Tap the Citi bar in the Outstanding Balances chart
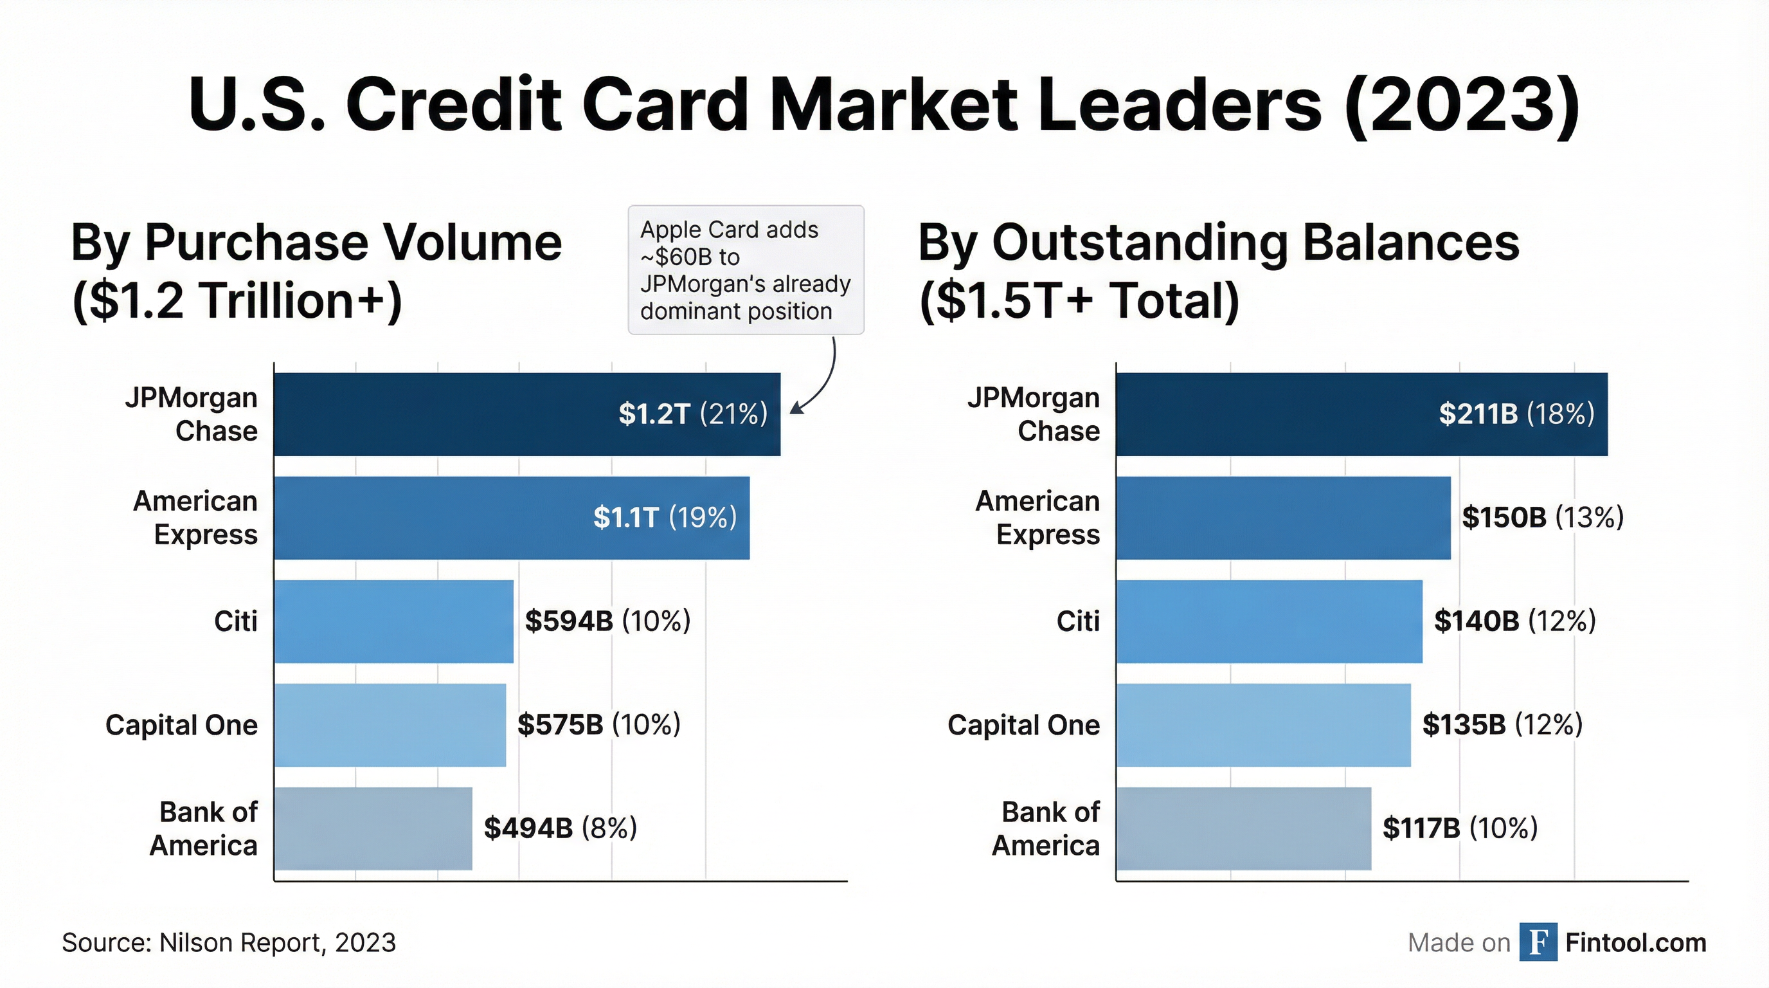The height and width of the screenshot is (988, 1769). [1269, 621]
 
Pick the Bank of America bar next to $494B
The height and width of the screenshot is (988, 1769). [373, 828]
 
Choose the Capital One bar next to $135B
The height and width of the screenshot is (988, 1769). [1264, 725]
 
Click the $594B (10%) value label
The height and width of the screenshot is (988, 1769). [607, 621]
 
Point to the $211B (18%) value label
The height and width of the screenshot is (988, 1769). [1516, 414]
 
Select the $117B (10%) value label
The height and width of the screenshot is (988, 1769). [1459, 828]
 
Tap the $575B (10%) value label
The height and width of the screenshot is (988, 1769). [598, 725]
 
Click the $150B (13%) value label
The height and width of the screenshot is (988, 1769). [1542, 517]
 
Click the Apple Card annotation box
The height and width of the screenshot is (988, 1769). [746, 270]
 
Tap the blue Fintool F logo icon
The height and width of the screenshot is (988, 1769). [1538, 942]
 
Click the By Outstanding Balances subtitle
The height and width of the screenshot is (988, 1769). [1218, 242]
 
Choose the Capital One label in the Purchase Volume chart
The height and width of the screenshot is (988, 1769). [181, 725]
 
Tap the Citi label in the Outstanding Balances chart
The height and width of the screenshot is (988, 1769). [1077, 621]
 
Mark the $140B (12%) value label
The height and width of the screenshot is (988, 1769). [1514, 621]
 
